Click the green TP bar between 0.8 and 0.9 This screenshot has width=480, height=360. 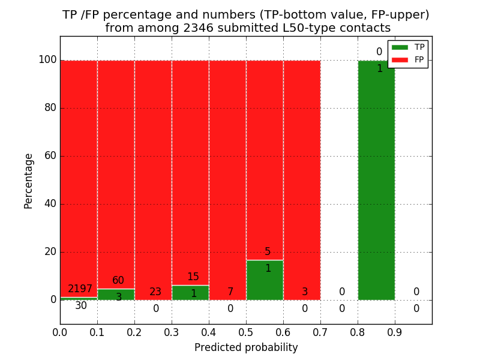point(376,180)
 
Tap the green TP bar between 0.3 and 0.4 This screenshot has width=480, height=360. point(190,293)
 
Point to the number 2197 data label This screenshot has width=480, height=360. point(80,289)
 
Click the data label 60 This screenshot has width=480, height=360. point(118,281)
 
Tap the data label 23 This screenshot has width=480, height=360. point(155,292)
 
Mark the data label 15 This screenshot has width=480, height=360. point(193,277)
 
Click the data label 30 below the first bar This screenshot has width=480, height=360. point(81,306)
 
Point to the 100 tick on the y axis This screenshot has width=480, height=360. point(47,60)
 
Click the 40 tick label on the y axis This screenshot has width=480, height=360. point(50,204)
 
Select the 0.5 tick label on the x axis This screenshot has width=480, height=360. point(246,331)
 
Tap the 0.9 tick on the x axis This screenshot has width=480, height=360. point(395,331)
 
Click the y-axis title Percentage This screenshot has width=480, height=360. point(29,181)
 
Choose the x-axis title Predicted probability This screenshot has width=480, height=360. point(246,347)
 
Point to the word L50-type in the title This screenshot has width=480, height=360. point(304,28)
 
